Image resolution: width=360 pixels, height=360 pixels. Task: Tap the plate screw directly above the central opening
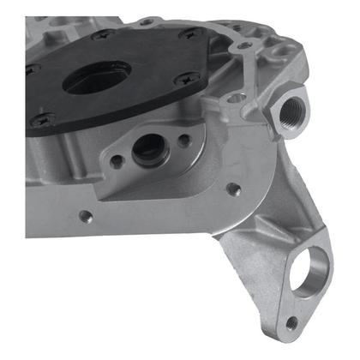coord(106,36)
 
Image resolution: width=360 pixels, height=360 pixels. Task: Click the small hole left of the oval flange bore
coord(117,159)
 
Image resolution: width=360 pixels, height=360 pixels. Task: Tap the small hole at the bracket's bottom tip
coord(292,323)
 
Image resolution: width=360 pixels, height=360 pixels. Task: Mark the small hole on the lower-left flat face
coord(84,216)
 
